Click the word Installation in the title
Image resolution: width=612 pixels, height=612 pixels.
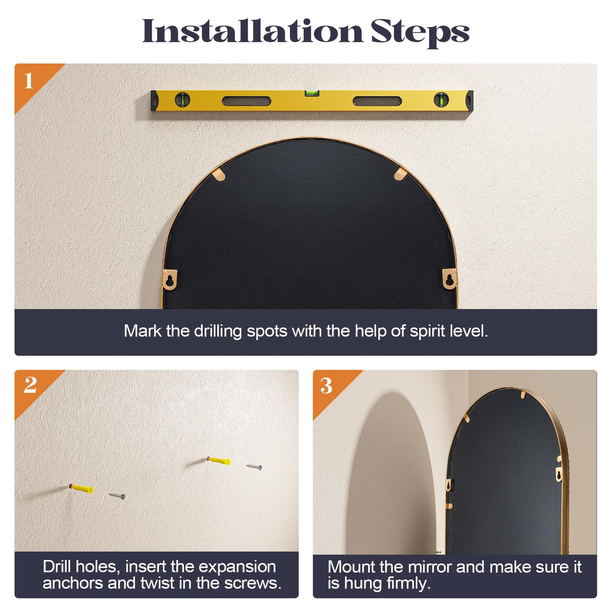(253, 30)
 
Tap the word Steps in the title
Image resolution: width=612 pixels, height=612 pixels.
(420, 33)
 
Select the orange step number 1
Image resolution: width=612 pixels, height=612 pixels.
(29, 81)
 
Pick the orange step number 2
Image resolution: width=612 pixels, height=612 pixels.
(30, 385)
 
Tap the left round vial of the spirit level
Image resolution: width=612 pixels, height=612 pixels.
(182, 100)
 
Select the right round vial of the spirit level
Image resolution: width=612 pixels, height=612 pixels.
(441, 100)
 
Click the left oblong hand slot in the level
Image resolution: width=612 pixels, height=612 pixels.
(247, 101)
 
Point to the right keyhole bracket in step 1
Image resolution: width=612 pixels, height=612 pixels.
(449, 279)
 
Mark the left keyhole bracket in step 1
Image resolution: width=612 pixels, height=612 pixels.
(169, 279)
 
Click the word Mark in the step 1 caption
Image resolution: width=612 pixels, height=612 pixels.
(143, 331)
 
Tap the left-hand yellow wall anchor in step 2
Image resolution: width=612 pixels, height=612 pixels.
(82, 488)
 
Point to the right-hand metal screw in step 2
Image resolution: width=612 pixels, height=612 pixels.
(254, 466)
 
